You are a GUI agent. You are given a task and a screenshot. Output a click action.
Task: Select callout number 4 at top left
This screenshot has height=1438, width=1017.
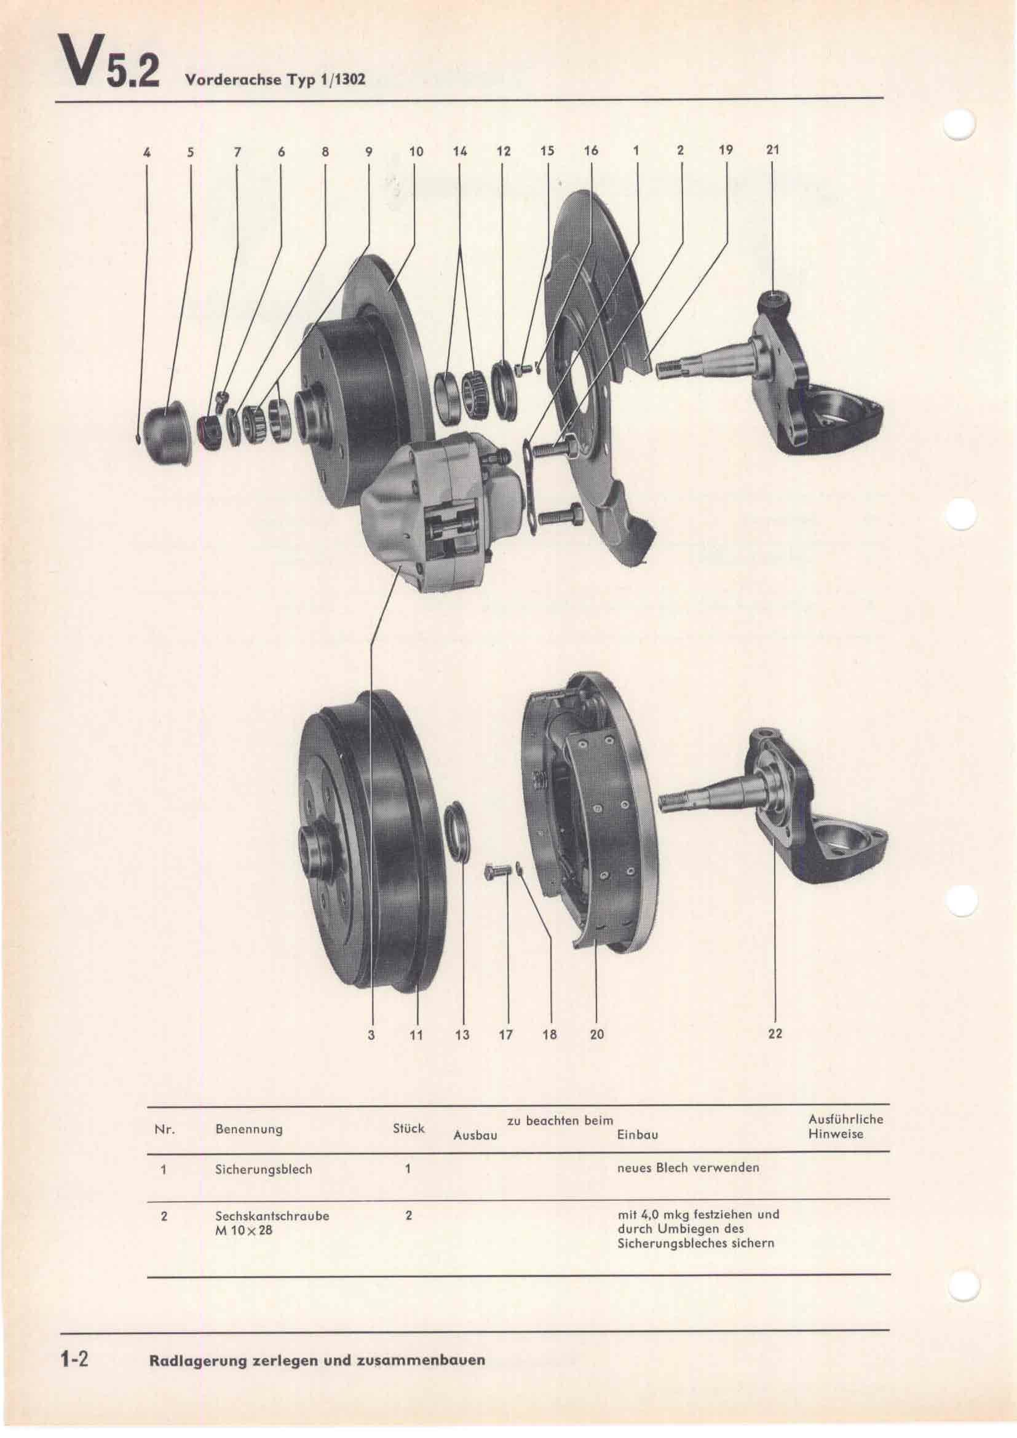click(146, 152)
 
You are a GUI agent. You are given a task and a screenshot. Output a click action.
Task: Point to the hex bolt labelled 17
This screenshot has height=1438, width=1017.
click(499, 872)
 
